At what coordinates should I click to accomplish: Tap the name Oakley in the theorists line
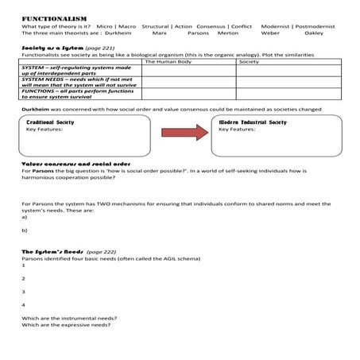pyautogui.click(x=314, y=33)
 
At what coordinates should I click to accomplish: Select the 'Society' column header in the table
pyautogui.click(x=249, y=61)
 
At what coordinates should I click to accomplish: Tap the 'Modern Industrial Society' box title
pyautogui.click(x=252, y=122)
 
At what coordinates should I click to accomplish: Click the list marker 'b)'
pyautogui.click(x=25, y=230)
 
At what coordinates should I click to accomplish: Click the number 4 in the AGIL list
pyautogui.click(x=24, y=305)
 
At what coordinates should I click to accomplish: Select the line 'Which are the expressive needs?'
pyautogui.click(x=66, y=325)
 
